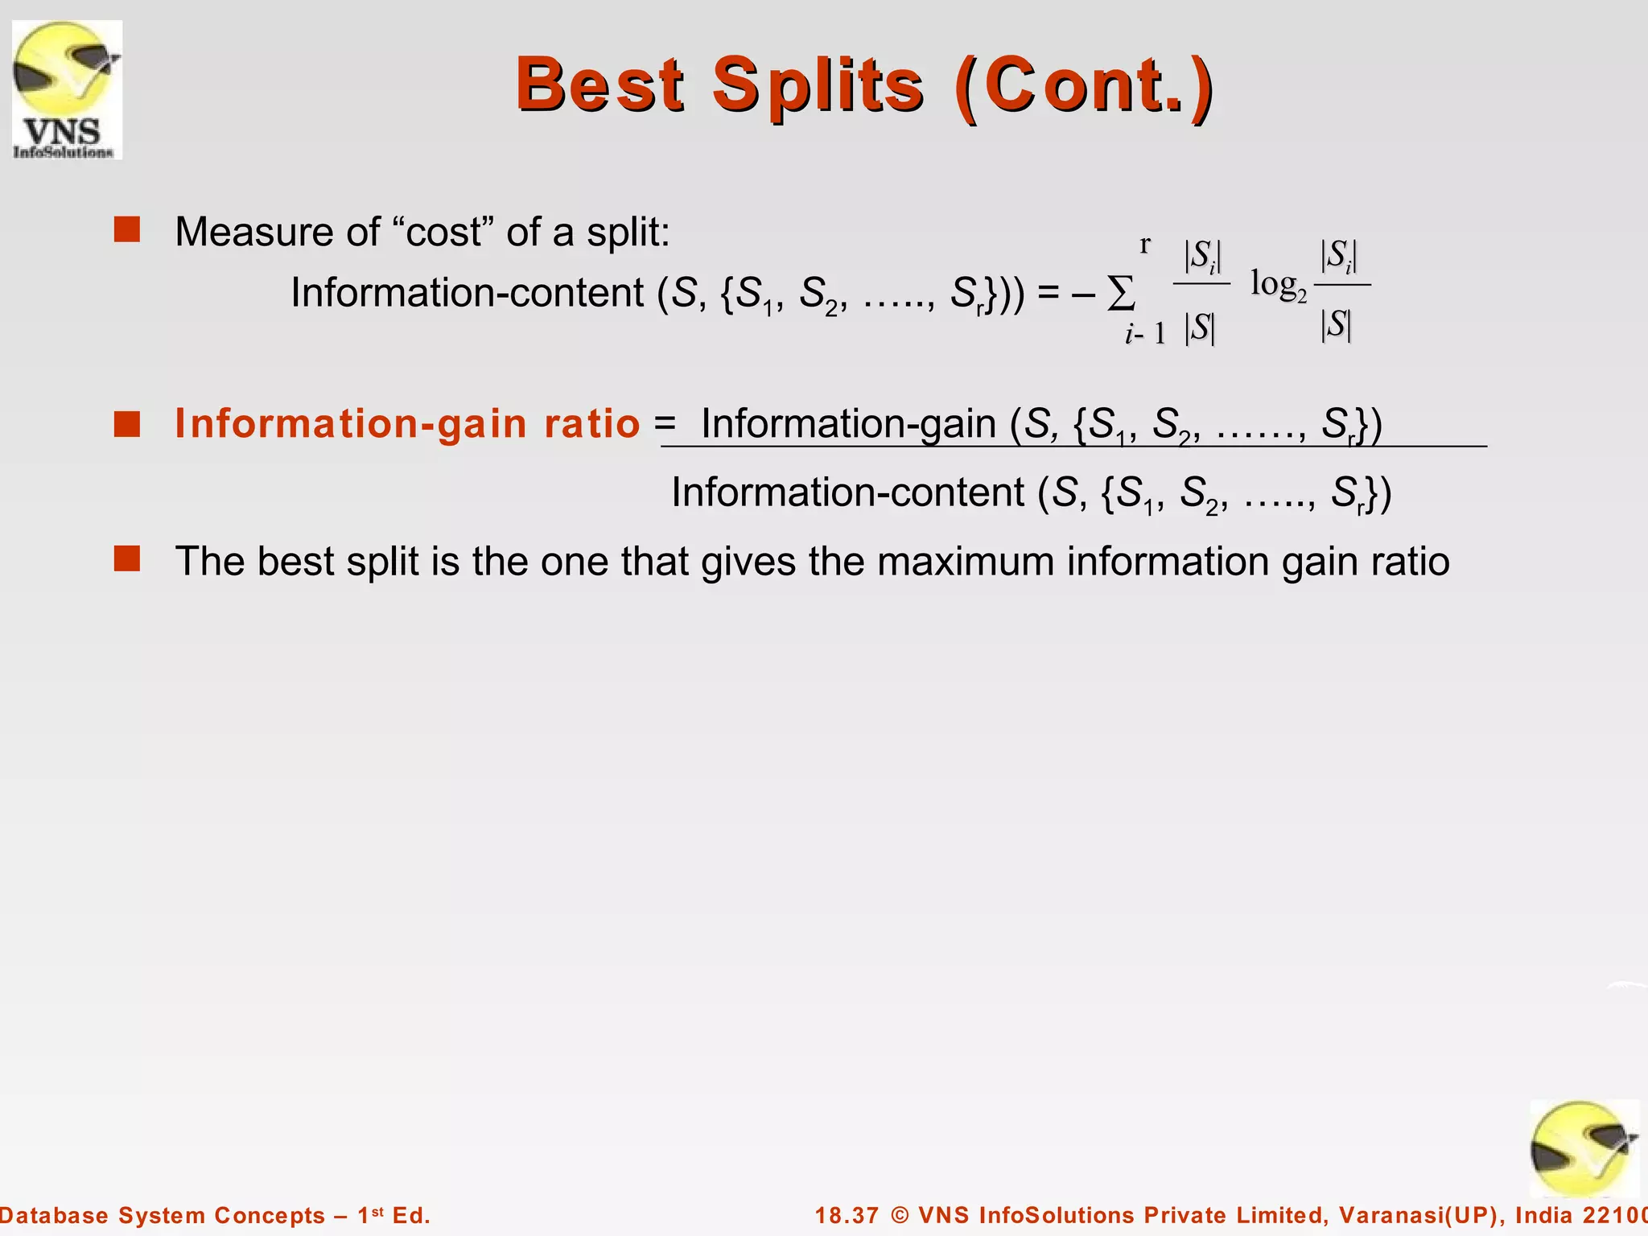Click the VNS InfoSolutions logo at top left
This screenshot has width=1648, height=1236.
pyautogui.click(x=67, y=89)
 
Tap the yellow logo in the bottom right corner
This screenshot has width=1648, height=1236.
pyautogui.click(x=1584, y=1149)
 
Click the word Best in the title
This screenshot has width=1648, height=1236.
pyautogui.click(x=599, y=85)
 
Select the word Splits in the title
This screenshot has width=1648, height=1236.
pyautogui.click(x=818, y=85)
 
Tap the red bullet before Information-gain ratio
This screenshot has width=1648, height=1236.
pyautogui.click(x=127, y=423)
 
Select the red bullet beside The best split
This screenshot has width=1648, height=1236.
pyautogui.click(x=127, y=558)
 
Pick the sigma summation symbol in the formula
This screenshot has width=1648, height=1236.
pyautogui.click(x=1121, y=294)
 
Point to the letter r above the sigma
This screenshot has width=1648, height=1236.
pyautogui.click(x=1145, y=244)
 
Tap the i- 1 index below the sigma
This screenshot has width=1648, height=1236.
pyautogui.click(x=1145, y=333)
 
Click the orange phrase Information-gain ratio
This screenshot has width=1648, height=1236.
pyautogui.click(x=407, y=423)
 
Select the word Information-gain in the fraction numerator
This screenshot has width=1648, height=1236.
pyautogui.click(x=848, y=423)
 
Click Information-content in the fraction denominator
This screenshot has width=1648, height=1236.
pyautogui.click(x=847, y=492)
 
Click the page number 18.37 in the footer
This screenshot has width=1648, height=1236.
pyautogui.click(x=847, y=1215)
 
